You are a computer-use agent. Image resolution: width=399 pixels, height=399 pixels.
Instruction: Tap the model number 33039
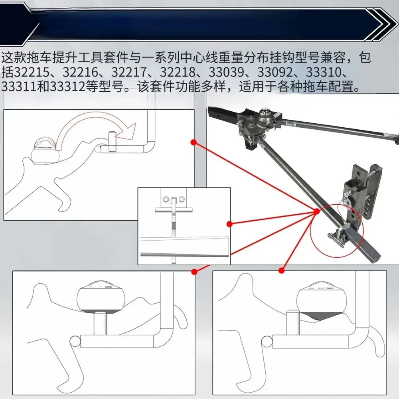coord(226,72)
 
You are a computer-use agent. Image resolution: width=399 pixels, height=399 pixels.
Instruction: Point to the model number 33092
coord(275,72)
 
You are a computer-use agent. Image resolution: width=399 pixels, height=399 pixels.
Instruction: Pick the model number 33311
coord(19,87)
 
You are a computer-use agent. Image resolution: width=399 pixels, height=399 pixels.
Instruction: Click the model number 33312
coord(67,87)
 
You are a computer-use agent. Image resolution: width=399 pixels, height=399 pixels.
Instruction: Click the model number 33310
coord(323,72)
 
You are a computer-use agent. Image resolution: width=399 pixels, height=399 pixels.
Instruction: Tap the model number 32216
coord(80,72)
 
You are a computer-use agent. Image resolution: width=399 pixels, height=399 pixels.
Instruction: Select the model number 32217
coord(128,72)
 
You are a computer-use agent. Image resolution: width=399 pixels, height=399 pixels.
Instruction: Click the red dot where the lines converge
coord(316,211)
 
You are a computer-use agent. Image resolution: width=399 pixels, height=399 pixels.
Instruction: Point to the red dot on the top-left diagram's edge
coord(194,142)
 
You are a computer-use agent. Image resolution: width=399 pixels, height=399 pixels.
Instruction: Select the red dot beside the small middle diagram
coord(229,224)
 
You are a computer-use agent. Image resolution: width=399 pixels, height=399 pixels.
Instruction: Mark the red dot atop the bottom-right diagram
coord(281,271)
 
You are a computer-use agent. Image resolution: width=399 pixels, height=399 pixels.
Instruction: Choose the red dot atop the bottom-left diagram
coord(194,271)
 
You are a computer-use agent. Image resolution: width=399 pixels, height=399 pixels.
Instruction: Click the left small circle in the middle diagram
coord(166,199)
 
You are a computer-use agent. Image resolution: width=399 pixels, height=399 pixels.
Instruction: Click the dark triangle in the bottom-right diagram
coord(319,316)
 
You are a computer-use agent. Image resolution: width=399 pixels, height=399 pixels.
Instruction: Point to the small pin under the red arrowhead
coord(112,142)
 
